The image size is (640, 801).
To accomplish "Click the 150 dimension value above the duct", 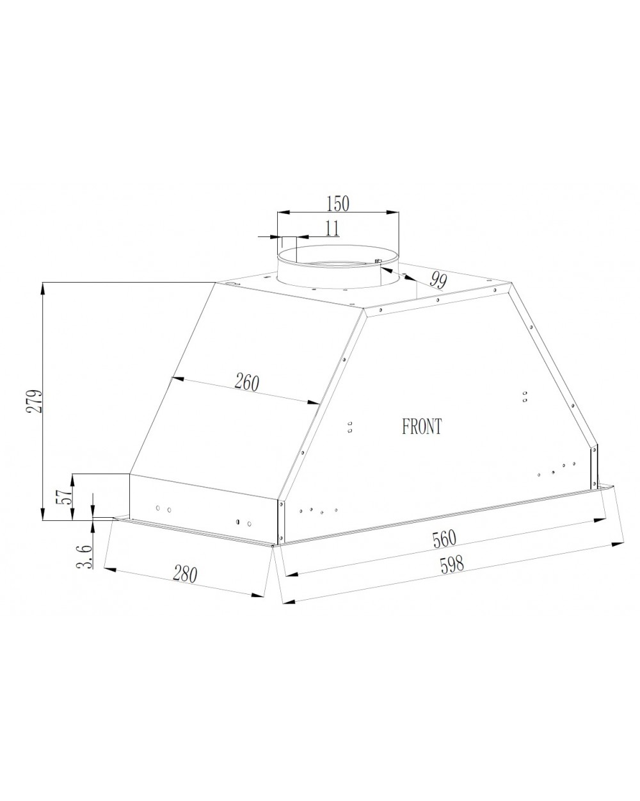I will [x=338, y=204].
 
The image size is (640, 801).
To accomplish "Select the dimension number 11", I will [x=332, y=228].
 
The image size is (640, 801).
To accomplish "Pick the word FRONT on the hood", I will [x=422, y=427].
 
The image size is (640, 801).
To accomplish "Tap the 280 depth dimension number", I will [x=184, y=574].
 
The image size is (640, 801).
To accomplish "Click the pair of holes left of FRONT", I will [x=350, y=426].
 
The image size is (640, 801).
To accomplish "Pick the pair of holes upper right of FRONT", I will [x=525, y=396].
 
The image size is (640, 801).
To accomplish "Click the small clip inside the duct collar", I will [x=378, y=261].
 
